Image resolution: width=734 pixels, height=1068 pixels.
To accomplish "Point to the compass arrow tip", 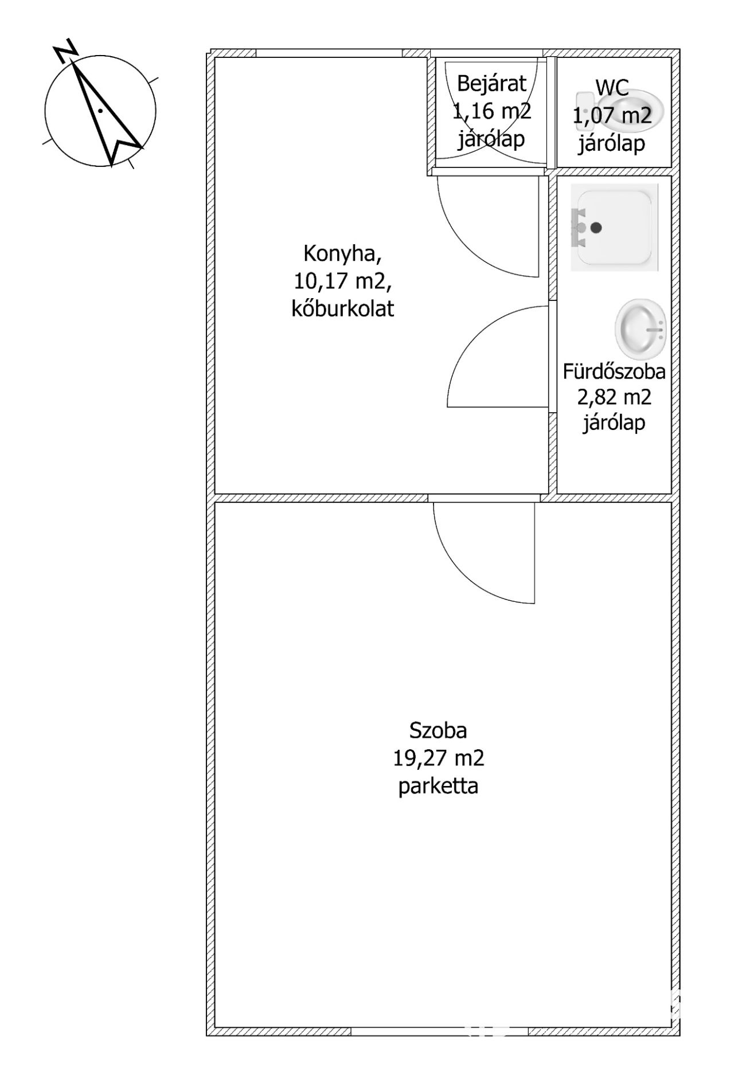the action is pos(75,64).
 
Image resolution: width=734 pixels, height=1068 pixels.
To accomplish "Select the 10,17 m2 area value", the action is pos(342,281).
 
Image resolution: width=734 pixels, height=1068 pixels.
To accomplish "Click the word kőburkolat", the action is pos(342,308).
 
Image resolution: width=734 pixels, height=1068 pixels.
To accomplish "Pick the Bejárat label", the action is pos(491,84).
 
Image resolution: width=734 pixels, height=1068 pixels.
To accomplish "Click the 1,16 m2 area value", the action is pos(491,111).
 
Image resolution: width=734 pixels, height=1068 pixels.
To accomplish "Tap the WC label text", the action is pos(612,88).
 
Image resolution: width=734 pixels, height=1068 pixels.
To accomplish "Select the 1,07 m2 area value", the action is pos(612,116).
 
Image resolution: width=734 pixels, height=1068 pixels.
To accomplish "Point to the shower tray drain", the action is pos(596,228).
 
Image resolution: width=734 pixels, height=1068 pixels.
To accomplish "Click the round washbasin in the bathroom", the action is pos(641,328).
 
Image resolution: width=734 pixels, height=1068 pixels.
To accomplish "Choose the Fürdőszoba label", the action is pos(614,371).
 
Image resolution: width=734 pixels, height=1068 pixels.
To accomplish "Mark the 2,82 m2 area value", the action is pos(614,397).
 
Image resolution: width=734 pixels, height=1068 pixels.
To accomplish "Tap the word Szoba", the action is pos(438,730).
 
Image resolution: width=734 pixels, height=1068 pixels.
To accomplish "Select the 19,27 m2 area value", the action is pos(438,758).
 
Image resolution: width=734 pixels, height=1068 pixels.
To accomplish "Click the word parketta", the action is pos(438,785).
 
